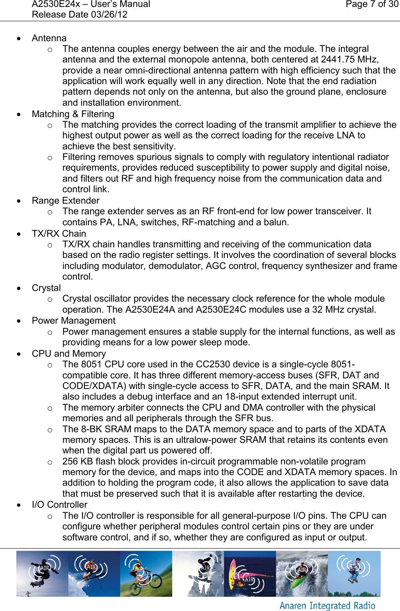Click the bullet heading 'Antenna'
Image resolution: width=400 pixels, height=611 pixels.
click(x=49, y=38)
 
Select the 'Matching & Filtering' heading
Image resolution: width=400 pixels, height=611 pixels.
click(x=73, y=114)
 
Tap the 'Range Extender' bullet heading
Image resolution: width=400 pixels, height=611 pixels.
click(x=65, y=200)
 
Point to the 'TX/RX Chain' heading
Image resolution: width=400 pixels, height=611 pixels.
click(x=59, y=233)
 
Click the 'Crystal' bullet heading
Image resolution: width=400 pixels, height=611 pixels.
click(x=46, y=288)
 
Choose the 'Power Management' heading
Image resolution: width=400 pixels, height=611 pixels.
click(x=73, y=320)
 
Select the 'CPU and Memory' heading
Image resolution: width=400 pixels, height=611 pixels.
click(x=69, y=353)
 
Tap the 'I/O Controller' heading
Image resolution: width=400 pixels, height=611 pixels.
click(x=59, y=504)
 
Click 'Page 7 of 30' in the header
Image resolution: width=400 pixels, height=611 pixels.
click(x=372, y=4)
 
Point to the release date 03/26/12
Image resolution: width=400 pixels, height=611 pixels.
click(x=108, y=15)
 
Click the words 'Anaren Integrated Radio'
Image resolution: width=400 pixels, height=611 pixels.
click(x=327, y=606)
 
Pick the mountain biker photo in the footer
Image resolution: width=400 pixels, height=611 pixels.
click(x=146, y=573)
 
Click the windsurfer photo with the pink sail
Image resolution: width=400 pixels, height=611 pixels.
click(x=250, y=573)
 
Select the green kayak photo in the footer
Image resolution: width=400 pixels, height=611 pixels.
click(x=302, y=573)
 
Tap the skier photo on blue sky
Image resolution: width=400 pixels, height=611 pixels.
click(x=94, y=573)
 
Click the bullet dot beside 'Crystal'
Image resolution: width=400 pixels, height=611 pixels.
click(x=19, y=288)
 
